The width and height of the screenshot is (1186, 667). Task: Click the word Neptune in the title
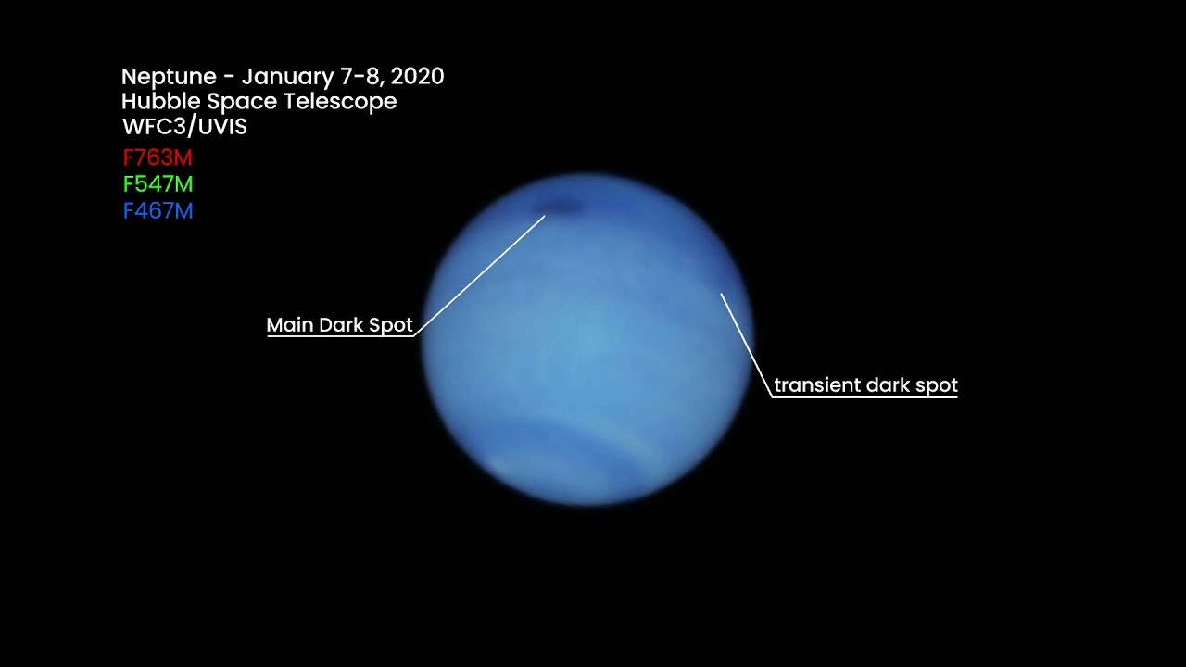click(166, 77)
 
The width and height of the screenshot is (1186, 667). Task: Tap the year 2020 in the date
click(418, 77)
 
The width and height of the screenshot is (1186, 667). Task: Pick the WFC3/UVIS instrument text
click(184, 127)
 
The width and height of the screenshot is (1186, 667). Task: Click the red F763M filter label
click(158, 158)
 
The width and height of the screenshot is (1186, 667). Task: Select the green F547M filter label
click(158, 184)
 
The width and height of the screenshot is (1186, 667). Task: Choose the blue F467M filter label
click(158, 211)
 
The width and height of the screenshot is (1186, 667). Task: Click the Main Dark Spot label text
click(339, 325)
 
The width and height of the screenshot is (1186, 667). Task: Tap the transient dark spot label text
click(865, 385)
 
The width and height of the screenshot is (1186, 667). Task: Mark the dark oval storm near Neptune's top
click(561, 208)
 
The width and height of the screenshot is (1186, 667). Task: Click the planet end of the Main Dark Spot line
click(545, 217)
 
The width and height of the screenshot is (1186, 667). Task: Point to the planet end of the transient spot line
click(722, 295)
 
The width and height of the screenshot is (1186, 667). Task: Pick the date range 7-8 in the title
click(358, 77)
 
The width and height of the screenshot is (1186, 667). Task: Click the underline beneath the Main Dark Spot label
click(339, 335)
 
